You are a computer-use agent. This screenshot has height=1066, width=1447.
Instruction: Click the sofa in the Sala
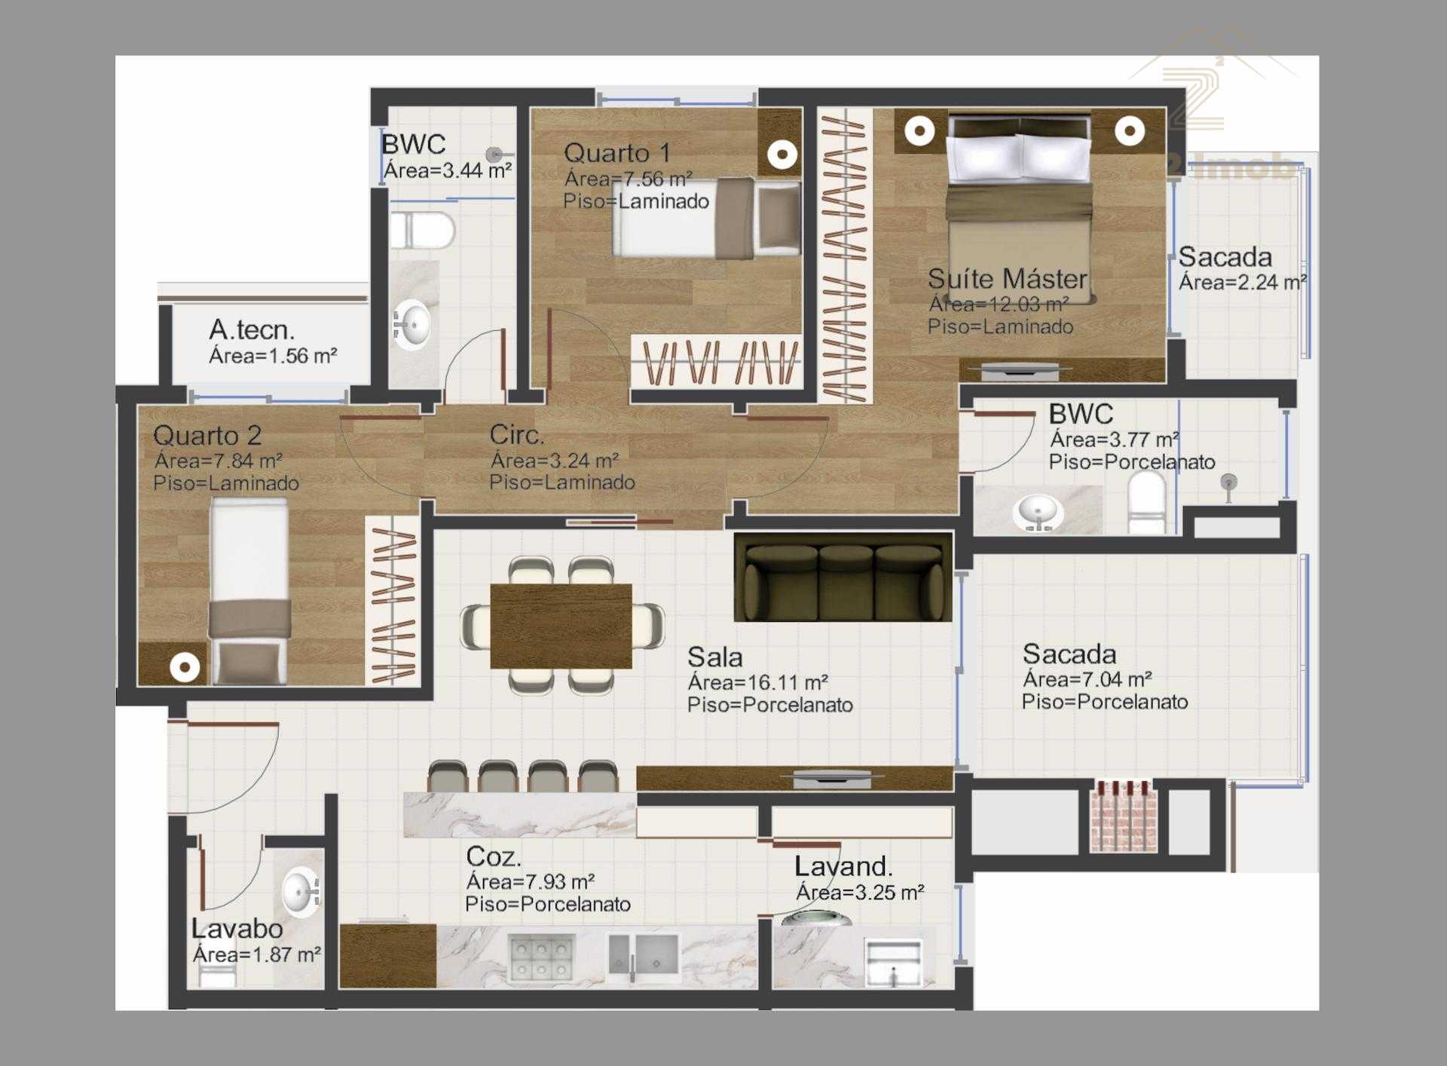pos(843,577)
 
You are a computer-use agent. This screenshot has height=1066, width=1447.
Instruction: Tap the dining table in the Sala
pos(561,626)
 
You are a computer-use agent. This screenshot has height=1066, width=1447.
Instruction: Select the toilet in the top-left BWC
pos(423,230)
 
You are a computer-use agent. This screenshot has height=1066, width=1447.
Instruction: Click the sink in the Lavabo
pos(301,891)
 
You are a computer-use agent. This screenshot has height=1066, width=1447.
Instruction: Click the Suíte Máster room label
pos(1007,279)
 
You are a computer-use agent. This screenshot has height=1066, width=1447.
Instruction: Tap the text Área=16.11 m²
pos(757,682)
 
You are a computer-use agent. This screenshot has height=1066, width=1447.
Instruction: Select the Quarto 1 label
pos(616,153)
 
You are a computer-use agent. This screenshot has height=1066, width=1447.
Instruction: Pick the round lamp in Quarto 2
pos(185,667)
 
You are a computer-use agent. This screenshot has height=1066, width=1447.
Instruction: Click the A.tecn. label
pos(252,329)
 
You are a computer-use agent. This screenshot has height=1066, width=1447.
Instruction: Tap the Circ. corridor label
pos(516,434)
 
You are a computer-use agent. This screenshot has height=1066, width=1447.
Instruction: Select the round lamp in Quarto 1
pos(782,155)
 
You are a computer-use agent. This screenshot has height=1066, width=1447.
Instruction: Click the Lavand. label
pos(843,867)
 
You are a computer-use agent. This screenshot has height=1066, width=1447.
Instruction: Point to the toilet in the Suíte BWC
pos(1146,502)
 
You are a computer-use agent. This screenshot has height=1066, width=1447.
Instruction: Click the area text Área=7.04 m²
pos(1087,679)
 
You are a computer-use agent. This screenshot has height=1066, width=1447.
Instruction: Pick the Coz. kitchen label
pos(493,856)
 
